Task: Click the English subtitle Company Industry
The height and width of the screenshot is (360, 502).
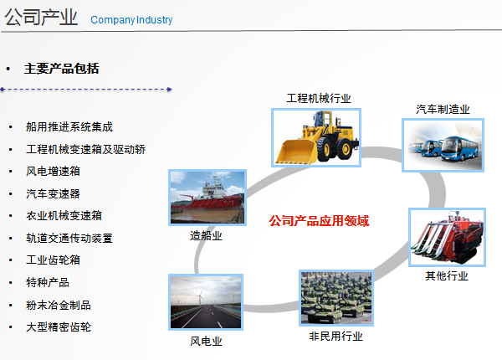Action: [x=131, y=20]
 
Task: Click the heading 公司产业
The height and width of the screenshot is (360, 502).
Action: [x=41, y=17]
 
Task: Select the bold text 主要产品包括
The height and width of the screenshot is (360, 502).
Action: [x=61, y=69]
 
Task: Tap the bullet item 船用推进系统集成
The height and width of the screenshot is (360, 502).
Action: [x=69, y=126]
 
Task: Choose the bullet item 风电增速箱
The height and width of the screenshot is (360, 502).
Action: [x=54, y=172]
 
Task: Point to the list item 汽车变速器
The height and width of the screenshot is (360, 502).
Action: [x=54, y=193]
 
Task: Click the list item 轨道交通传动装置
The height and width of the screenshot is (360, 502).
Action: [x=69, y=238]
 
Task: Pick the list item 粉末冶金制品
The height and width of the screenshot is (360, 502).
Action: [x=59, y=305]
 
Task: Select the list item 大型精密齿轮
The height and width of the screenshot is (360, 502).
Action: [x=59, y=327]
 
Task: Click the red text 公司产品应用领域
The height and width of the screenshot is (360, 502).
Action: [x=319, y=221]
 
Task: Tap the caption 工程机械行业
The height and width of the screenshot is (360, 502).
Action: [x=319, y=98]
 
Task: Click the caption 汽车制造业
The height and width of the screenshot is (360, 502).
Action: [x=443, y=110]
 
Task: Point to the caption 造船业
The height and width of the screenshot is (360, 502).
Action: [x=206, y=236]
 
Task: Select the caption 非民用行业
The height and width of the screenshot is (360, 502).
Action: [x=336, y=337]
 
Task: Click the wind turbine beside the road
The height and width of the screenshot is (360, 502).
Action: [x=200, y=297]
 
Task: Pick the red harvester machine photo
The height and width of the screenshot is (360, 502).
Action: [x=448, y=237]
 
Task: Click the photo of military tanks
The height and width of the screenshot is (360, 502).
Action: [x=336, y=298]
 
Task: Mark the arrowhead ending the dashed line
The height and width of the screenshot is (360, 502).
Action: [x=170, y=90]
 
